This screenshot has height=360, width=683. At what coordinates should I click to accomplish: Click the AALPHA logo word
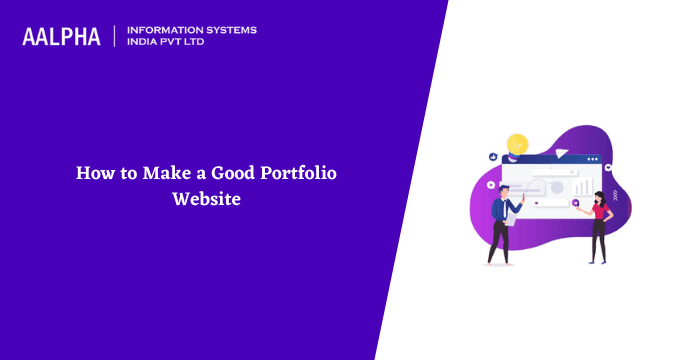coord(61,37)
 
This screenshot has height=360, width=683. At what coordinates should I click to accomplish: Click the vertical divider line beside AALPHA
coord(115,37)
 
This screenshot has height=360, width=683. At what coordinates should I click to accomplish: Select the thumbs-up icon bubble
coord(492,157)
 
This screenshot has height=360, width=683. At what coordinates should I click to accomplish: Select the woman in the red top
coord(600,225)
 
